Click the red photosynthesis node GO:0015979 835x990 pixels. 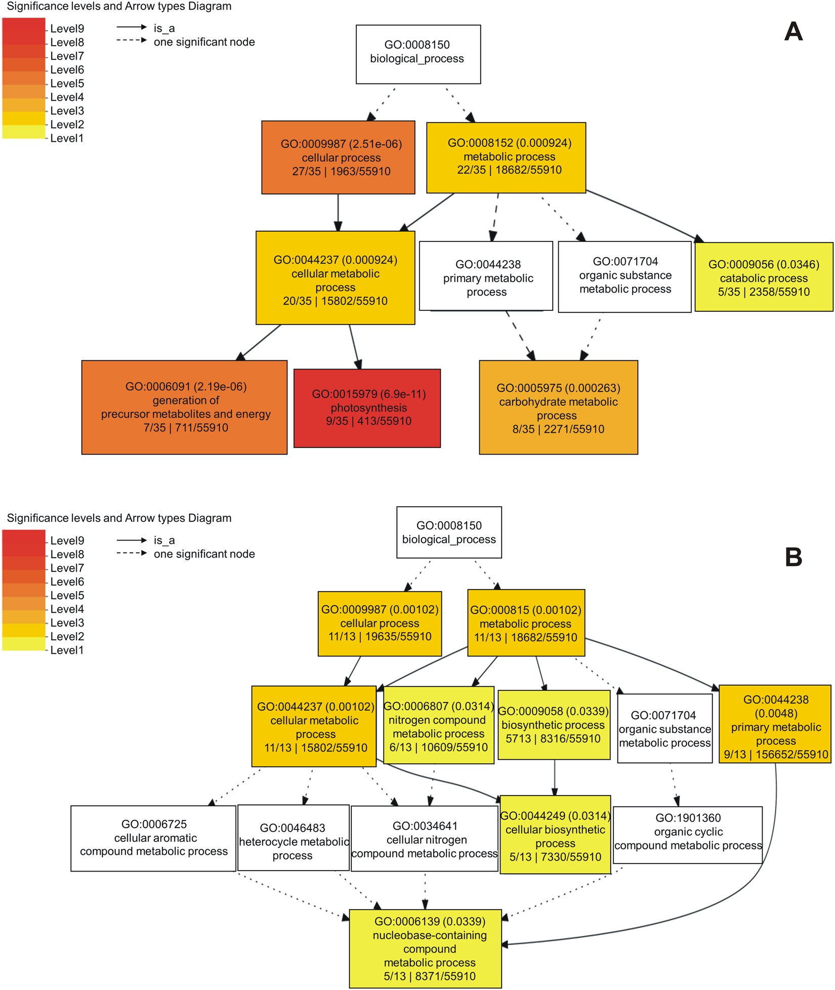pyautogui.click(x=367, y=408)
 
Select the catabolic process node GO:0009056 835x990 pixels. pyautogui.click(x=764, y=277)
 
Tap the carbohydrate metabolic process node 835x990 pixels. pyautogui.click(x=558, y=407)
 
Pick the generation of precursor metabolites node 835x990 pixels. pyautogui.click(x=184, y=407)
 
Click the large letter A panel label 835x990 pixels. pyautogui.click(x=793, y=31)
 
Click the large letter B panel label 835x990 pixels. pyautogui.click(x=793, y=557)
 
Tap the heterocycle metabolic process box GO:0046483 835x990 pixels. pyautogui.click(x=294, y=841)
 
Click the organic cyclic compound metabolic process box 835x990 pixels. pyautogui.click(x=688, y=835)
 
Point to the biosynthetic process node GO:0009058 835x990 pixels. pyautogui.click(x=554, y=725)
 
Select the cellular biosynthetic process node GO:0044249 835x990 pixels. pyautogui.click(x=555, y=836)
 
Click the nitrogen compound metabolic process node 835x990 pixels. pyautogui.click(x=438, y=727)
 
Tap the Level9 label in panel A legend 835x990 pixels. pyautogui.click(x=67, y=29)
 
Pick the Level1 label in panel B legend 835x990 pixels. pyautogui.click(x=67, y=650)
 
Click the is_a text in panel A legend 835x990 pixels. pyautogui.click(x=164, y=28)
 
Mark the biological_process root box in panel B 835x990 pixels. pyautogui.click(x=449, y=532)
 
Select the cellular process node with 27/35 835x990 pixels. pyautogui.click(x=338, y=157)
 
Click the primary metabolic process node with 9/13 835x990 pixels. pyautogui.click(x=775, y=727)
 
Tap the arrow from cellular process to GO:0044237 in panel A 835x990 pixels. pyautogui.click(x=338, y=213)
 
